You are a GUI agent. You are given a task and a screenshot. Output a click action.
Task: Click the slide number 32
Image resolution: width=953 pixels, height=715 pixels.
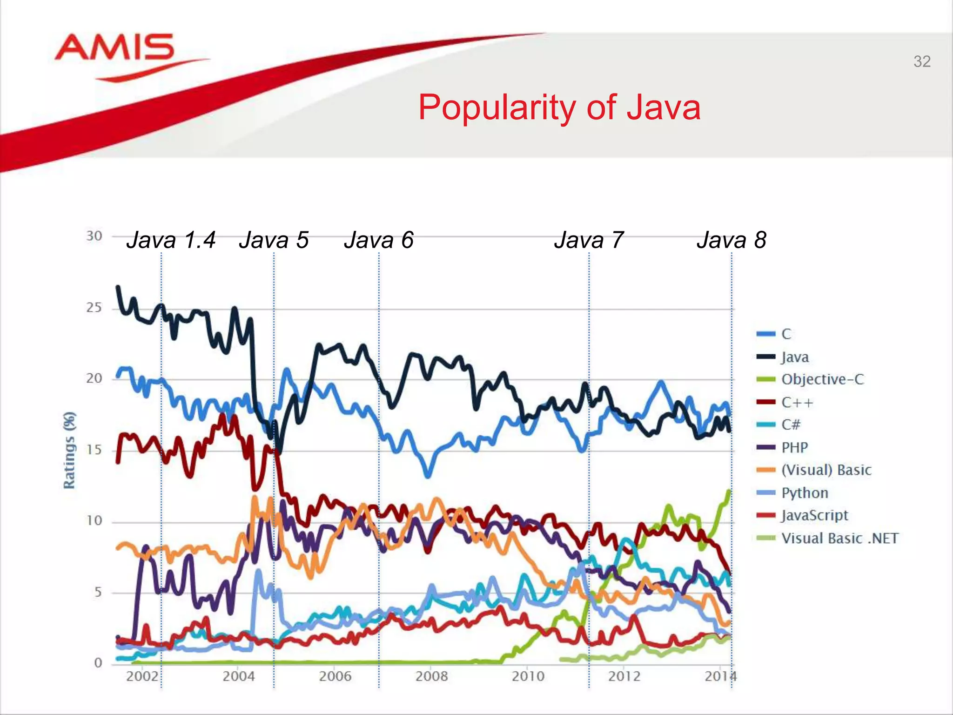click(922, 61)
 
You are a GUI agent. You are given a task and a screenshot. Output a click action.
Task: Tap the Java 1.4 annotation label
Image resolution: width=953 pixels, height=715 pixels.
click(171, 240)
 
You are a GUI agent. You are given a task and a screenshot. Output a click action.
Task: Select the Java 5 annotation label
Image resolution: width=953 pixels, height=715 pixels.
click(274, 240)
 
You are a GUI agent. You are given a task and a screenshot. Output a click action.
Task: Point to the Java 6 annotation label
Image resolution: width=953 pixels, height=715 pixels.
click(379, 240)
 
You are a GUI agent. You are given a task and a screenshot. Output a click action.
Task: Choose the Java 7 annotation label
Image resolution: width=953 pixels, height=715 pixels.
click(589, 240)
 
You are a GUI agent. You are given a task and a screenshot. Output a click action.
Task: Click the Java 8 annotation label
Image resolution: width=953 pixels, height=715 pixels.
click(732, 240)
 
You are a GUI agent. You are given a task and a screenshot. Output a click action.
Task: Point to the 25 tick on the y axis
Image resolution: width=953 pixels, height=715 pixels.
click(94, 308)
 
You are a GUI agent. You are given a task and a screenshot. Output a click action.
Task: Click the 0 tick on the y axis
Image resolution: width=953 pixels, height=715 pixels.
click(98, 662)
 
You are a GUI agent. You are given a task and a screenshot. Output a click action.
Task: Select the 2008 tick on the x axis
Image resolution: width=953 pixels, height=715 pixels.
click(431, 676)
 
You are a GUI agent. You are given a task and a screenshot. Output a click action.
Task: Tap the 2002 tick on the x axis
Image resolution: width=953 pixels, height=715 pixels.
click(142, 676)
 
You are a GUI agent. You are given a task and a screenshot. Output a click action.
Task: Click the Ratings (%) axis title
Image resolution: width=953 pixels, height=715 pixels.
click(69, 450)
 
